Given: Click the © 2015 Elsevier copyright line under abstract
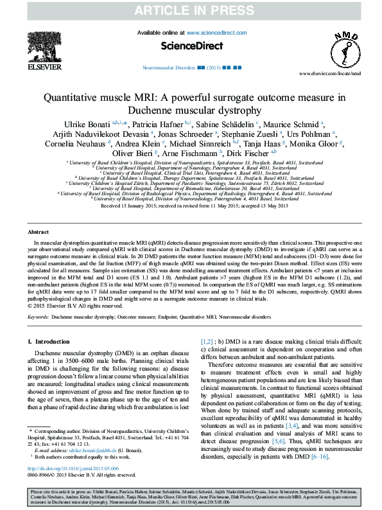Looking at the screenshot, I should pos(67,306).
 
